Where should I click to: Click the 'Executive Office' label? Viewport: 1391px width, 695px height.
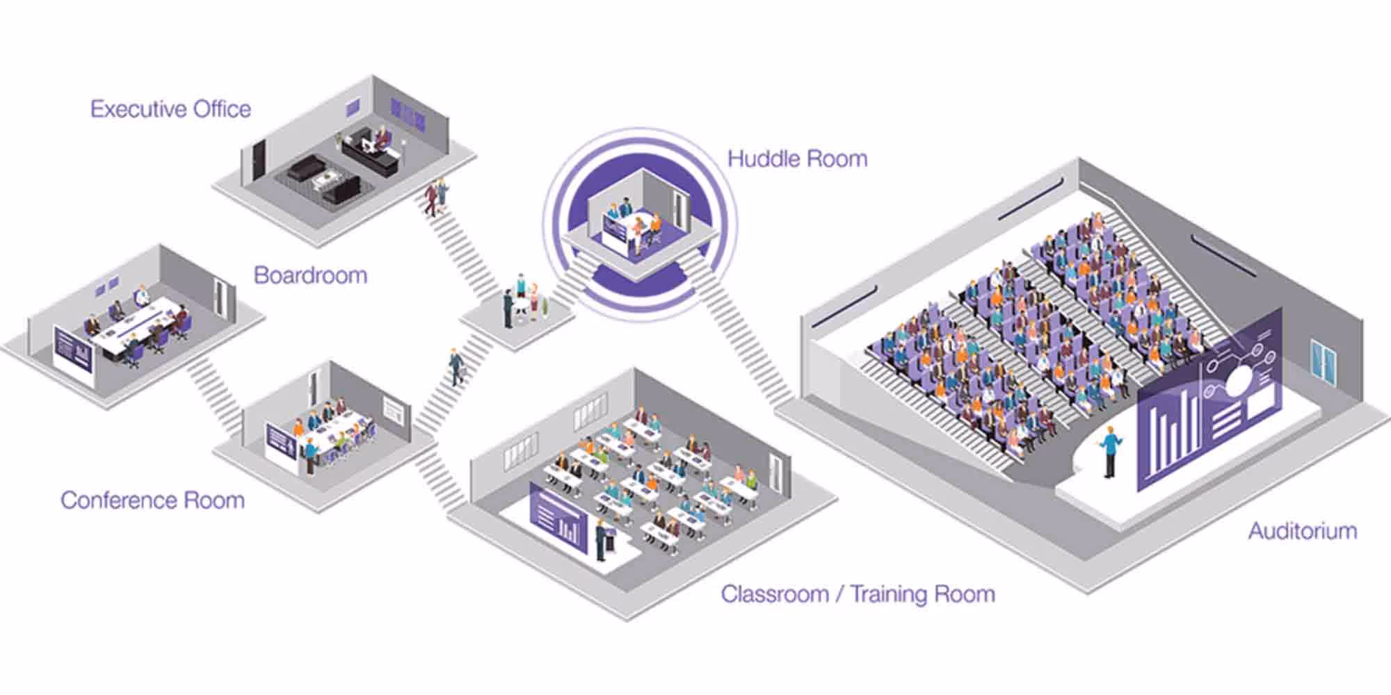170,109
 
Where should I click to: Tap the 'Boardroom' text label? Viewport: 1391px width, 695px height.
310,275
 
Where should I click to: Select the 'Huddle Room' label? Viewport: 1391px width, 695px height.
797,159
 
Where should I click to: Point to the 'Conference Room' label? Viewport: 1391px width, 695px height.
152,500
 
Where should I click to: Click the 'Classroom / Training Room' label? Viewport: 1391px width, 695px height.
858,594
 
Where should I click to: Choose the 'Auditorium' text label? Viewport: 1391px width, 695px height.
1302,531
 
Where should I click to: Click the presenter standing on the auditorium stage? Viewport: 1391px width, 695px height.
1111,452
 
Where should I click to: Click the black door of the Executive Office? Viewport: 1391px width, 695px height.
259,161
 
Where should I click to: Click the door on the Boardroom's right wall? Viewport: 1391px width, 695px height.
220,299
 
